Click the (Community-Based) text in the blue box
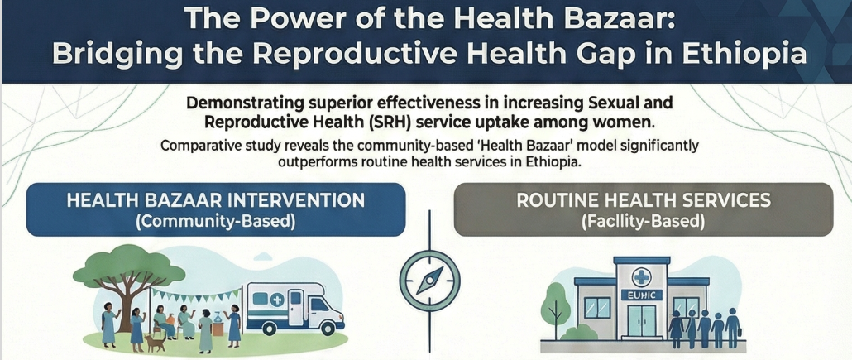coord(215,223)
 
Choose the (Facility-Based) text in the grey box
coord(643,223)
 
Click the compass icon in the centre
coord(429,281)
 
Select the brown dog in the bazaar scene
coord(155,343)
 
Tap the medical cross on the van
coord(276,299)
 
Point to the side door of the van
coord(296,307)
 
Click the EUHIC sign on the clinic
coord(642,295)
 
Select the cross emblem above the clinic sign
coord(642,277)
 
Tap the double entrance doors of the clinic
coord(642,321)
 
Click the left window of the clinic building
coord(597,307)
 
